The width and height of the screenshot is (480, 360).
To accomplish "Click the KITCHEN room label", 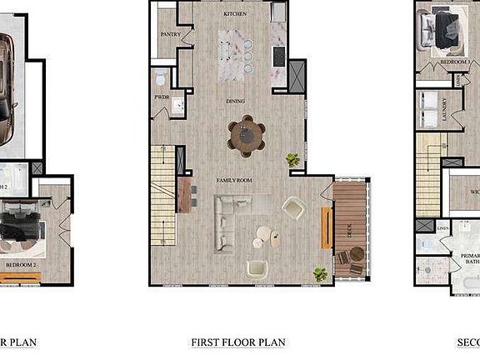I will [235, 15].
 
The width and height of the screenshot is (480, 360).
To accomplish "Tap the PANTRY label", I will [171, 34].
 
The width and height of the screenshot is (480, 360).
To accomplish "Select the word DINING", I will [236, 102].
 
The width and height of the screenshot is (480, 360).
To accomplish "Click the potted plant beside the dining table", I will [293, 158].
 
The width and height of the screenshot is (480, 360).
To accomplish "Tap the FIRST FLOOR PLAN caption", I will [237, 342].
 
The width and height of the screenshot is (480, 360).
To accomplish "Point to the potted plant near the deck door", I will [320, 273].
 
